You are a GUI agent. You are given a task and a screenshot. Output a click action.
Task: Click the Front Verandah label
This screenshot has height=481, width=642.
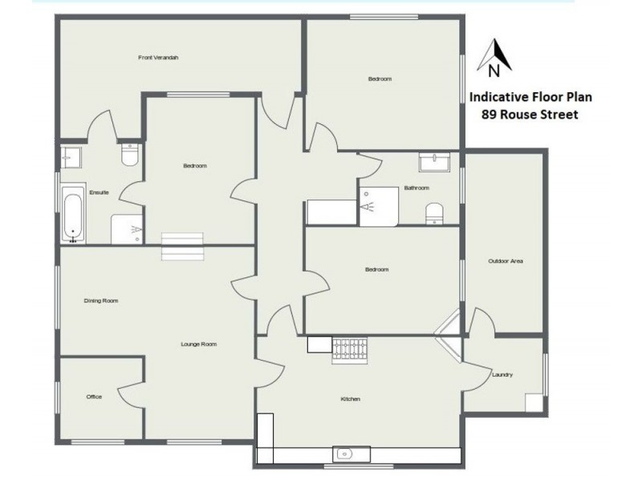pos(158,57)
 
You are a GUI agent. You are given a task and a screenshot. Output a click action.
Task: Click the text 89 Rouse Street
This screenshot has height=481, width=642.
pos(530,115)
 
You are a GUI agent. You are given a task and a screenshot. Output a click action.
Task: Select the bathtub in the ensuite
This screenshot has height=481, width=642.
pos(73,214)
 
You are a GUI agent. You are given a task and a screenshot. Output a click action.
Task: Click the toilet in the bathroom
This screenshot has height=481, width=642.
pos(434,212)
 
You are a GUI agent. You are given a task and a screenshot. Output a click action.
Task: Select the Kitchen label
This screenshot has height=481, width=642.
pos(350,398)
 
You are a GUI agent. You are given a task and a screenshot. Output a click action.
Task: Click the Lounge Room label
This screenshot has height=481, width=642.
pos(198,344)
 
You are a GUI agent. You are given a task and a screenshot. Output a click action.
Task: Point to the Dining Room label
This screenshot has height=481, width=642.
pos(101,301)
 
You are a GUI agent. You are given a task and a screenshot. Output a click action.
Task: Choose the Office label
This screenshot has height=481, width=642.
pos(94,397)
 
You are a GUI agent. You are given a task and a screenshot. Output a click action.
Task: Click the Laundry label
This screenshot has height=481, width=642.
pos(502,374)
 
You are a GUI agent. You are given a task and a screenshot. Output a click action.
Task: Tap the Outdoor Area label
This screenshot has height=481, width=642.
pos(506,261)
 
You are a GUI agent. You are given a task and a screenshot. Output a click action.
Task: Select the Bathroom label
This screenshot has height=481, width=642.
pos(416,188)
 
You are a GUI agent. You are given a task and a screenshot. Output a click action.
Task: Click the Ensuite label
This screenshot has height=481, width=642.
pos(100,192)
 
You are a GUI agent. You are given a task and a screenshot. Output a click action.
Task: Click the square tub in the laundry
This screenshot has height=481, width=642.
pos(534,402)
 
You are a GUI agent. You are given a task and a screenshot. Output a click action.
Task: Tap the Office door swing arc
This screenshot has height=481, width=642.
pos(128,393)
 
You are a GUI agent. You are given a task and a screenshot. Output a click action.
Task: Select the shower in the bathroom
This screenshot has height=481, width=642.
pos(379,204)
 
